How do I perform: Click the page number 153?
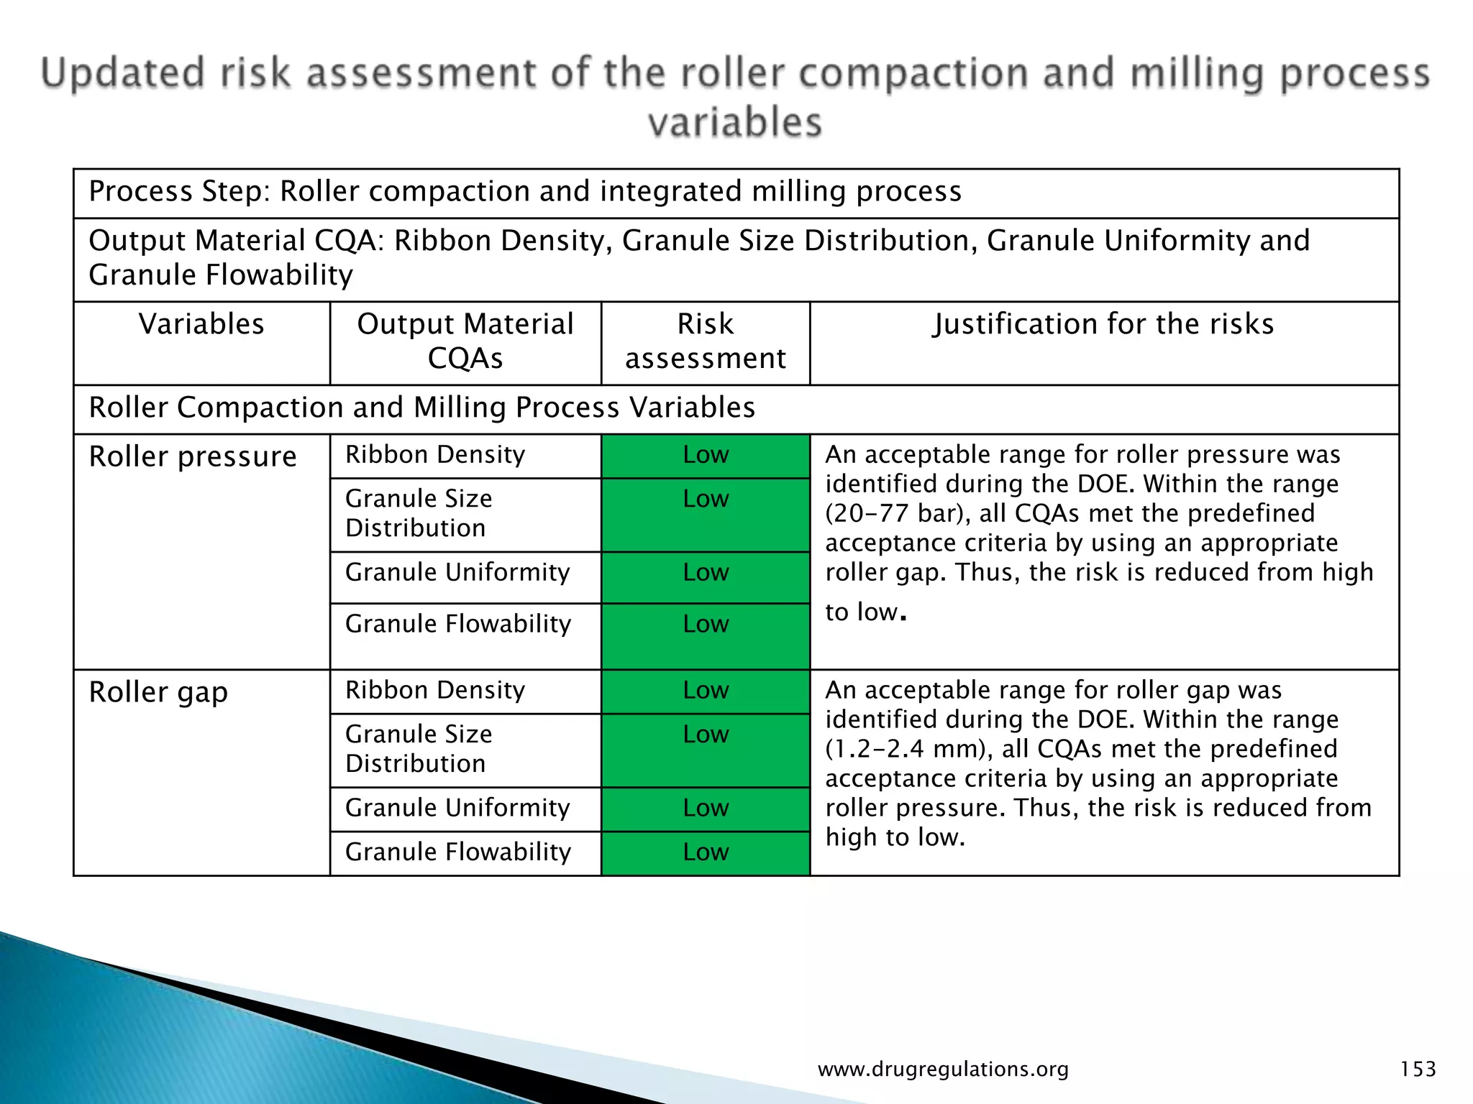(1418, 1069)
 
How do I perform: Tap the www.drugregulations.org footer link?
(943, 1069)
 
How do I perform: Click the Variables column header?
(201, 324)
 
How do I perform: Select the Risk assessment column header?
(705, 341)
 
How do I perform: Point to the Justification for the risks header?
(1103, 324)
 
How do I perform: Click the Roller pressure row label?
(193, 457)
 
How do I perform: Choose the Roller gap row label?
(158, 692)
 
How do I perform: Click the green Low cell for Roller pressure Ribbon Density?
(706, 455)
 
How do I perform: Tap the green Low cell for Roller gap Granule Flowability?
(706, 852)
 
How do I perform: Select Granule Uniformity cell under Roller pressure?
(457, 573)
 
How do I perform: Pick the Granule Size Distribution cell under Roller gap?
(419, 749)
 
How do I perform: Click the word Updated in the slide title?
(123, 74)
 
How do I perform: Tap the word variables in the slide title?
(734, 122)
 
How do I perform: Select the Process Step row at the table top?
(525, 192)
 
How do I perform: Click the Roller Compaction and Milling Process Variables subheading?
(421, 408)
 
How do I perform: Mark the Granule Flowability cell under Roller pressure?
(458, 624)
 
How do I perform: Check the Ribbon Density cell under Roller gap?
(435, 691)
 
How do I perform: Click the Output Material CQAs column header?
(465, 341)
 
